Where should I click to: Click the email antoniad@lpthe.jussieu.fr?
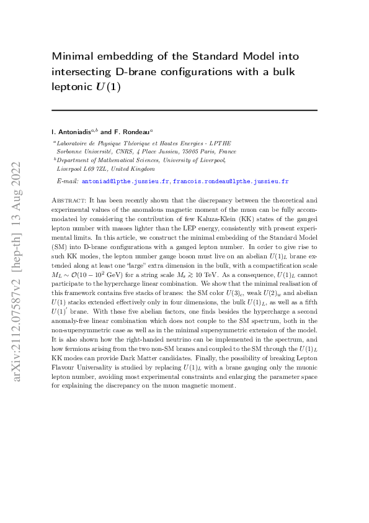click(130, 181)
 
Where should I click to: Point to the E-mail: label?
click(68, 181)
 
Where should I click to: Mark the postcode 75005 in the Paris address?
click(192, 151)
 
